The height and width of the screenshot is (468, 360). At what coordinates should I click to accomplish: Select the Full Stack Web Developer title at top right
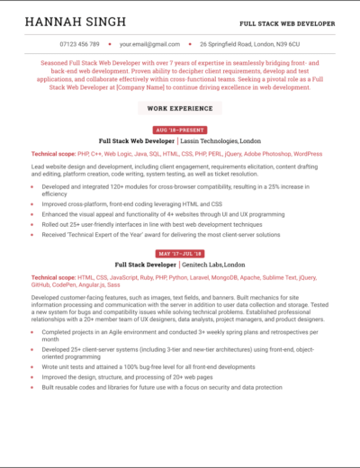coord(287,22)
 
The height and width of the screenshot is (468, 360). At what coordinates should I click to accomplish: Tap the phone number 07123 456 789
coord(79,43)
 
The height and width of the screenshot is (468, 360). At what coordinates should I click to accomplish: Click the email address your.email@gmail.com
coord(150,43)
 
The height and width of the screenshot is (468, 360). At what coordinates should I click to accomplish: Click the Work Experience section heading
coord(180,108)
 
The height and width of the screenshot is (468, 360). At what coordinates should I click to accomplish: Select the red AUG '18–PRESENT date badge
coord(180,130)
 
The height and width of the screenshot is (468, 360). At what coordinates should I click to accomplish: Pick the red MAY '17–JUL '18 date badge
coord(180,254)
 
